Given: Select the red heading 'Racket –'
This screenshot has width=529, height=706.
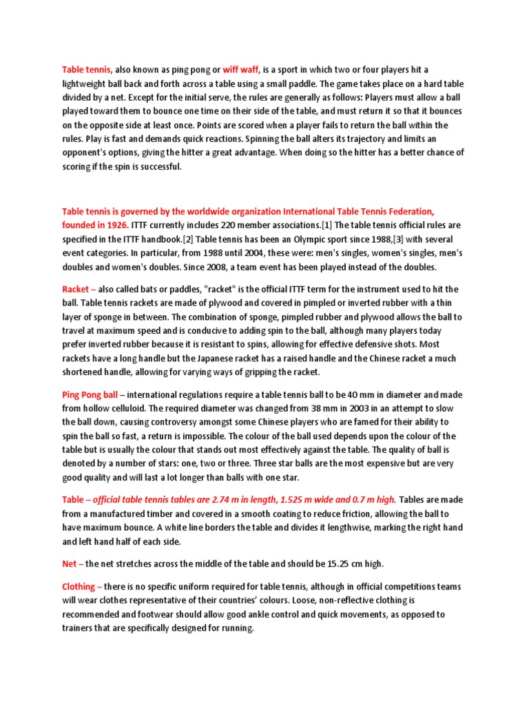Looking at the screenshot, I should pyautogui.click(x=80, y=289).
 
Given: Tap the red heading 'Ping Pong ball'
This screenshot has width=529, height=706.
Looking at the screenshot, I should pyautogui.click(x=90, y=394).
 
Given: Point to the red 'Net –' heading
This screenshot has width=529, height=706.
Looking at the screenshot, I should pyautogui.click(x=72, y=564).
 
